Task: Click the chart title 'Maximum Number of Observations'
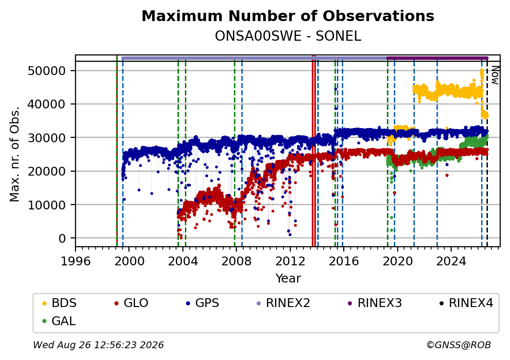point(288,16)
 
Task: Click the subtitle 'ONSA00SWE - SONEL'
point(288,36)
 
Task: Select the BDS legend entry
point(59,303)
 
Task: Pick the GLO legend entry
point(131,303)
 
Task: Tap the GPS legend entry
point(203,303)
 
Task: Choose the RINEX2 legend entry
point(283,303)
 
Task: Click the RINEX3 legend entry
point(375,303)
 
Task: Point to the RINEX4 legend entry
point(466,303)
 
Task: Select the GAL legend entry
point(59,321)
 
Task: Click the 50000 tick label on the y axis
point(47,71)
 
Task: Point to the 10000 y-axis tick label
point(47,205)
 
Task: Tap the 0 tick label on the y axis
point(62,238)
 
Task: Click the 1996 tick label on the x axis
point(76,261)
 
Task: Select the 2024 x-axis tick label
point(451,261)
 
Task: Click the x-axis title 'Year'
point(288,279)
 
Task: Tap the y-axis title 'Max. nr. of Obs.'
point(15,154)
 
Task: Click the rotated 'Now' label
point(495,75)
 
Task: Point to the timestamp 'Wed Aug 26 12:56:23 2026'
point(99,345)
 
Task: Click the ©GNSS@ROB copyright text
point(459,345)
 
